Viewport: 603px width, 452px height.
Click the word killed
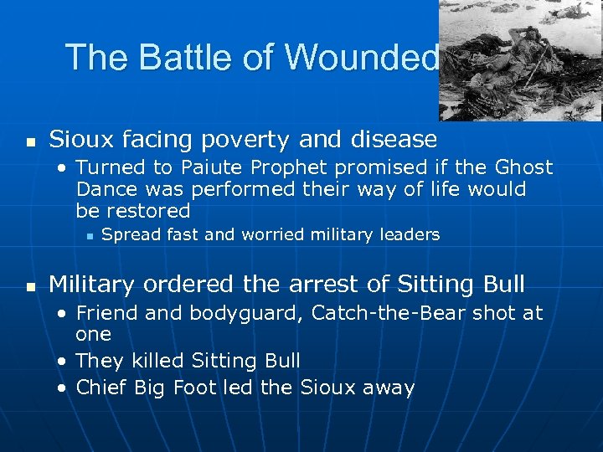[158, 361]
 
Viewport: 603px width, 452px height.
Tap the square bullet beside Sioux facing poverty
[30, 140]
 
